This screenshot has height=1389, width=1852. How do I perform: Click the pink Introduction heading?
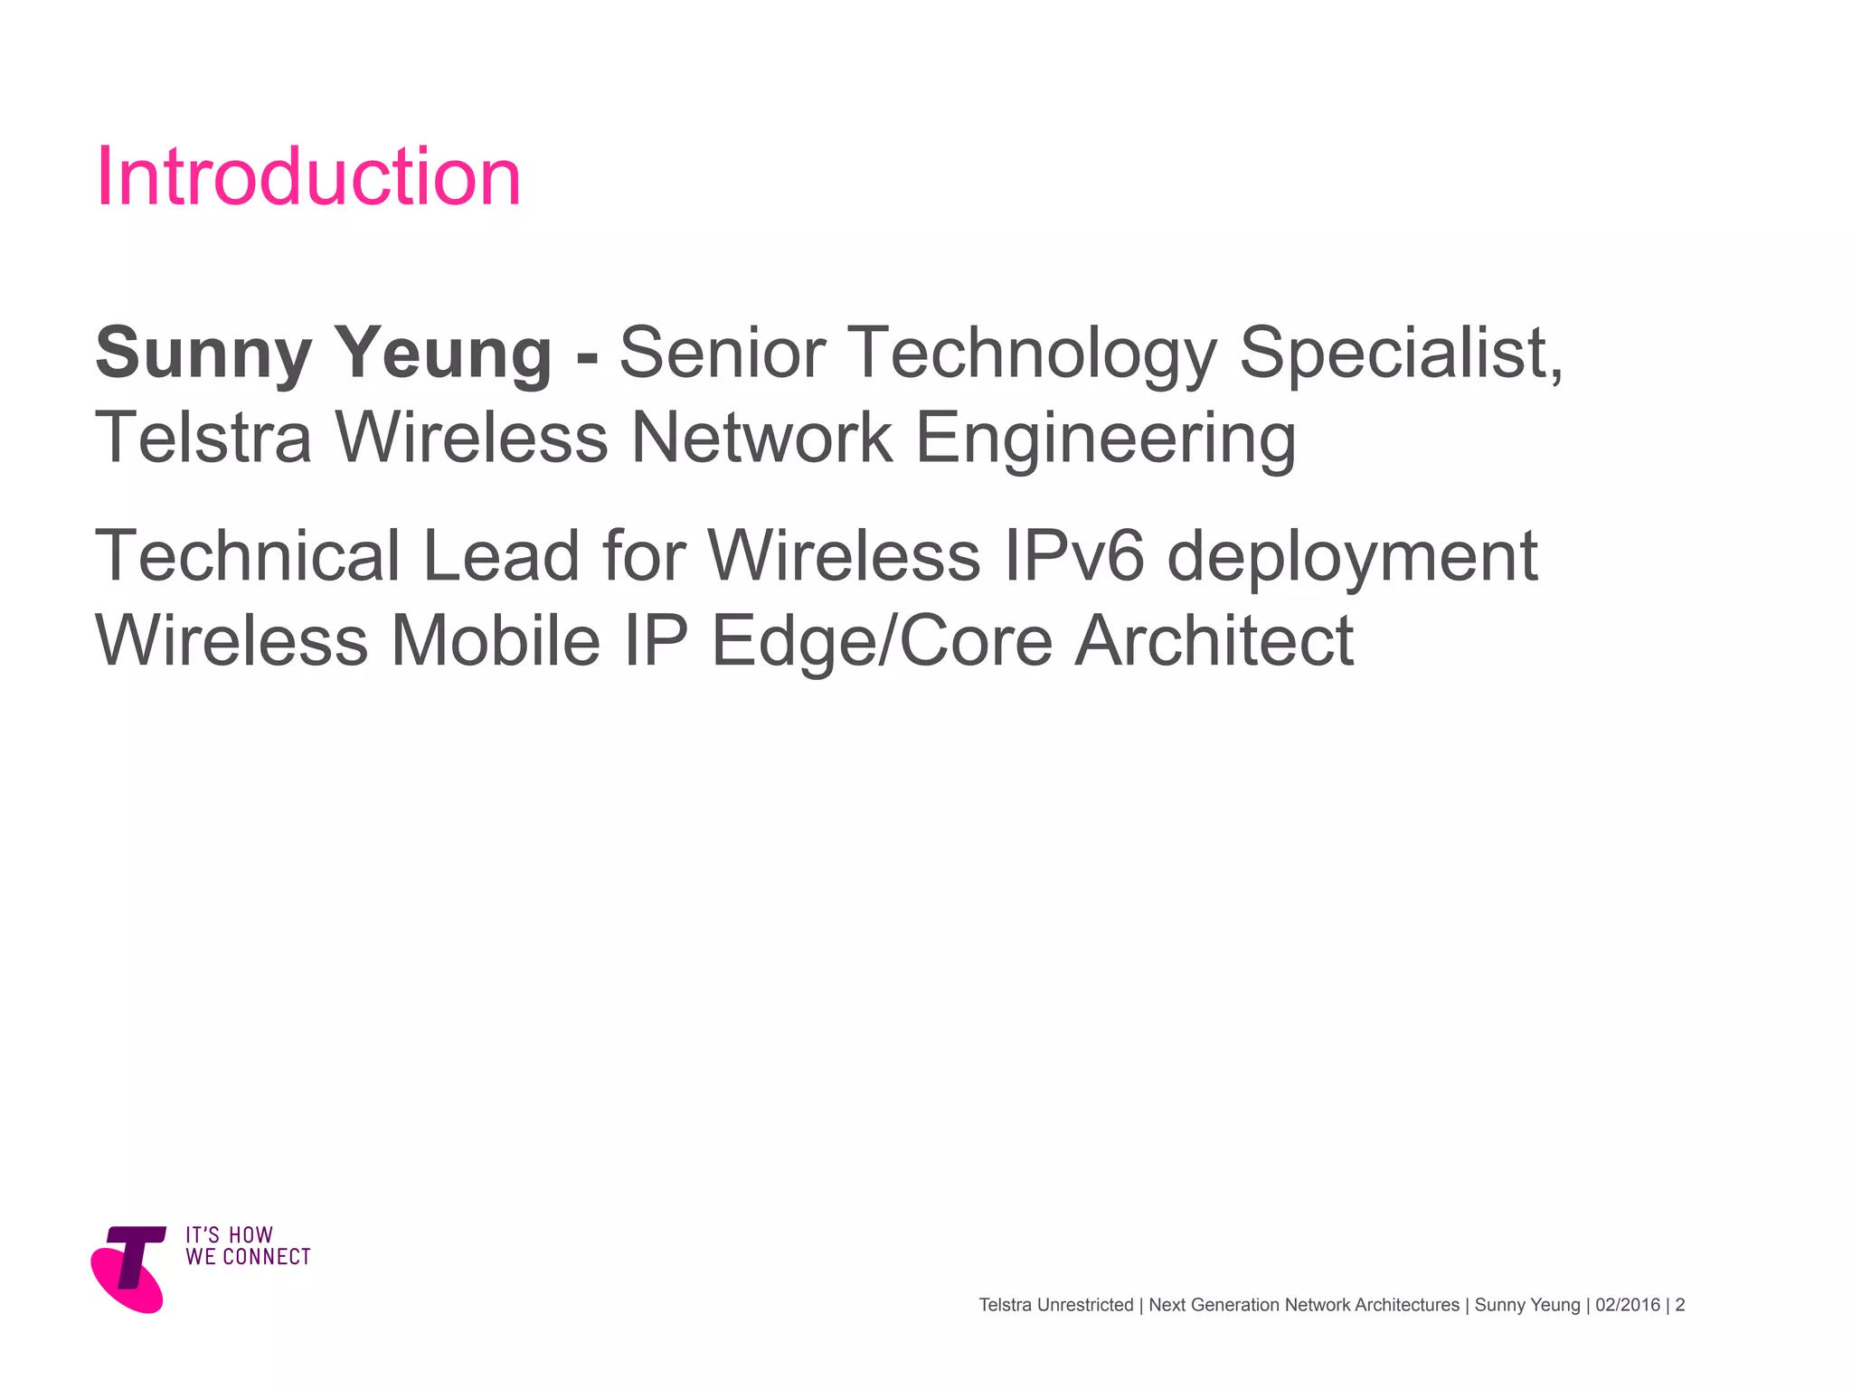(308, 176)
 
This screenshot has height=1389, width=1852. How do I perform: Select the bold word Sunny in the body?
(203, 353)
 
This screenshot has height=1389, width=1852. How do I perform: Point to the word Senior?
(722, 353)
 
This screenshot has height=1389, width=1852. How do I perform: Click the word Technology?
(1031, 354)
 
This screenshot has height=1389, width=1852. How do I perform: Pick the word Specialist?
(1400, 353)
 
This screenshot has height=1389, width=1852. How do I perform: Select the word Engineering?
(1105, 439)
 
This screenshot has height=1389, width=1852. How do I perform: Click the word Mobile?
(496, 640)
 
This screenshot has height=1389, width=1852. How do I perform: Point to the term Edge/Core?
(883, 642)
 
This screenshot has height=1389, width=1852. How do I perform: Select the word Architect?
(1214, 640)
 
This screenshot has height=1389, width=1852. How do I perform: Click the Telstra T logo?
(128, 1268)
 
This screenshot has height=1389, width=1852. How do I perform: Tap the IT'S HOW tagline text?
(229, 1235)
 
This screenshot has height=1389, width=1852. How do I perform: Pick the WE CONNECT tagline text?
(248, 1257)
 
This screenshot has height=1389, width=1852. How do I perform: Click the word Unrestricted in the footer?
(1085, 1305)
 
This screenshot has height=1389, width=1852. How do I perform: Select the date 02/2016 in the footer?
(1628, 1305)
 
